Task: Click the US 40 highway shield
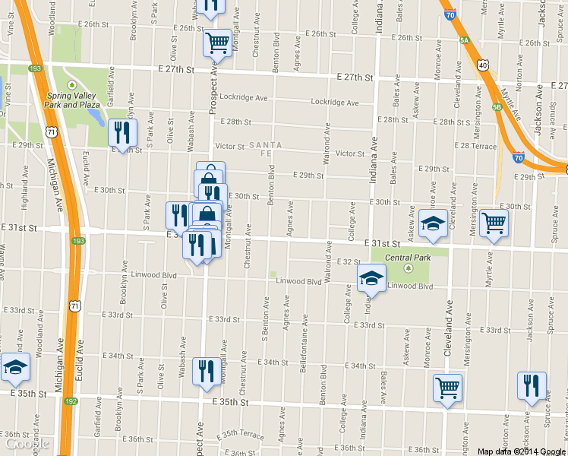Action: click(x=483, y=65)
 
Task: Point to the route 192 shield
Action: click(x=71, y=401)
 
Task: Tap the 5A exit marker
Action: click(x=464, y=42)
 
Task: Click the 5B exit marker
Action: click(x=497, y=107)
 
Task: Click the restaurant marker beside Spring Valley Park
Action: click(x=122, y=133)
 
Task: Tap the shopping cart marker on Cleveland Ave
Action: click(x=447, y=388)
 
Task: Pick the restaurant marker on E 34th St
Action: click(x=206, y=372)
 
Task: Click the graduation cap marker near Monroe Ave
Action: click(x=433, y=223)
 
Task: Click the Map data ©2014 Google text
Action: click(x=522, y=451)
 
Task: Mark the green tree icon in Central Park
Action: click(x=409, y=268)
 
